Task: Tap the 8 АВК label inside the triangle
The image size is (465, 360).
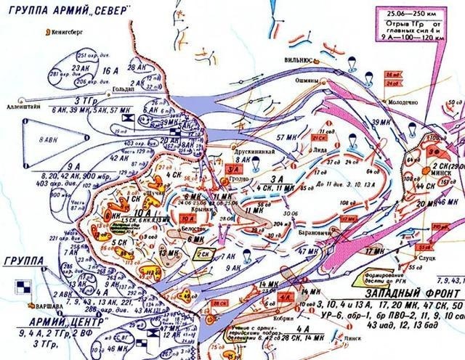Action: [49, 137]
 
